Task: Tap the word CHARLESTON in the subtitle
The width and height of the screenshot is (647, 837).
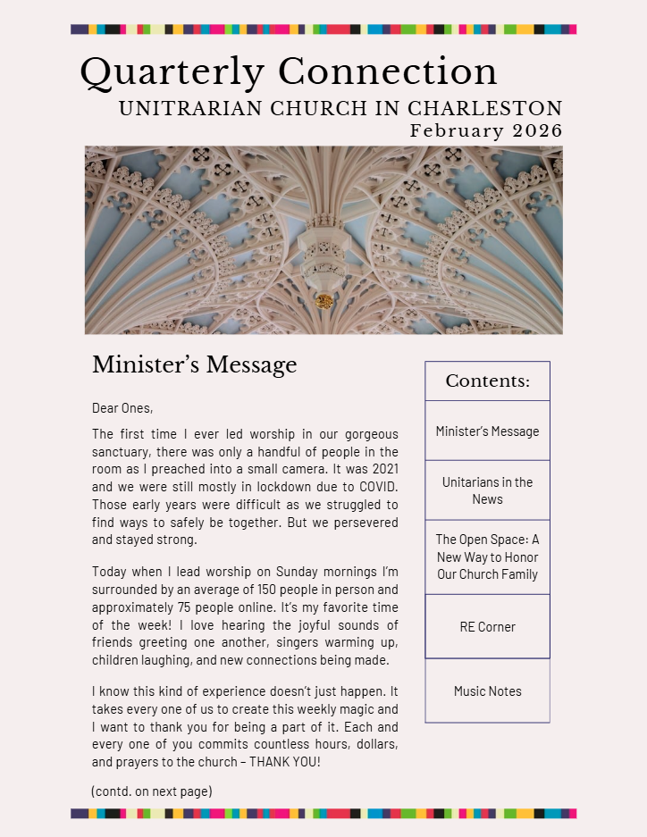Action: [485, 109]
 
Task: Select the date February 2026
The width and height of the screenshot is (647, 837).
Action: [486, 130]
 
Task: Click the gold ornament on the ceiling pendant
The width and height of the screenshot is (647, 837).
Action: [324, 301]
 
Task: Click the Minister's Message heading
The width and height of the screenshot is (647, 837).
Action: [194, 365]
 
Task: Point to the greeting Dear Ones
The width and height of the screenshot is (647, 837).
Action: [122, 408]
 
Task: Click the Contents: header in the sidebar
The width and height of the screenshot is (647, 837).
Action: [487, 381]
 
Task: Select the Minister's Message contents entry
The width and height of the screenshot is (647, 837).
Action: [487, 431]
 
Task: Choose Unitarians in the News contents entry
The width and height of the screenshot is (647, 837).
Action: [487, 490]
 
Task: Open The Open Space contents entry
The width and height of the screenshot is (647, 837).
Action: [487, 557]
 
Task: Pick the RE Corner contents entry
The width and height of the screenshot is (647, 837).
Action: [487, 627]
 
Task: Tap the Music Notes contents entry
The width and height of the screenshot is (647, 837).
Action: [487, 691]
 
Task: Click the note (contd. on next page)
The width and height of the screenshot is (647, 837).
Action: [152, 791]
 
